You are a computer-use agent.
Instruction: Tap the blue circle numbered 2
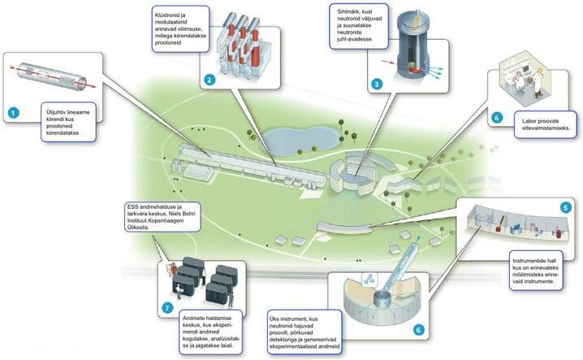coord(209,80)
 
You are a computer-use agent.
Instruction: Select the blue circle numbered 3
coord(377,83)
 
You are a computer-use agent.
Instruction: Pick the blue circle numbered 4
coord(498,117)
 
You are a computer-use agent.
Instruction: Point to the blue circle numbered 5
coord(566,207)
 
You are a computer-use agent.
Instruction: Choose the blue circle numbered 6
coord(419,329)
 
